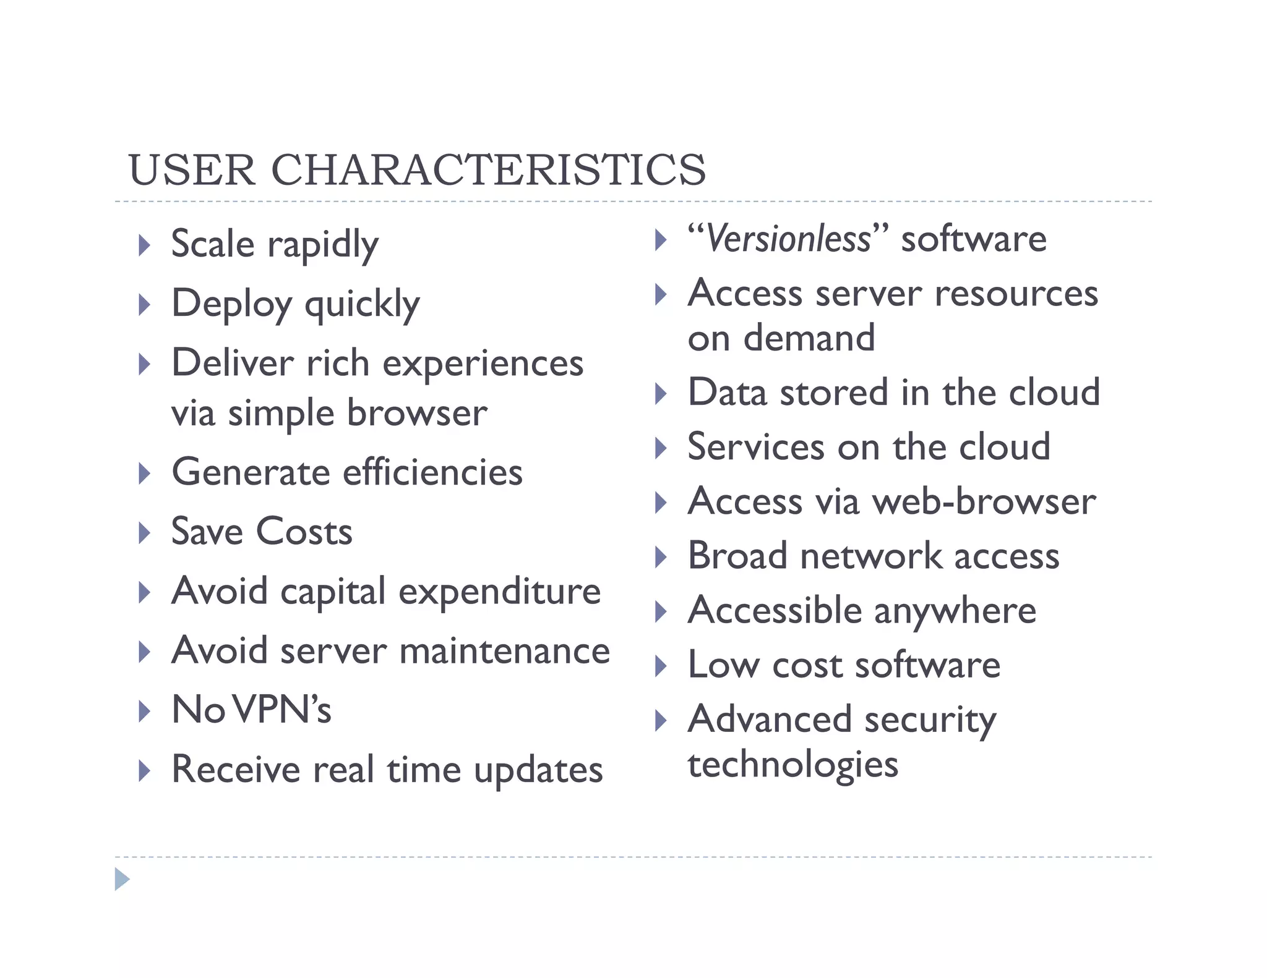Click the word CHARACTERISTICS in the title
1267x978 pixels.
coord(488,169)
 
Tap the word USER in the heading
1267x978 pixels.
coord(192,169)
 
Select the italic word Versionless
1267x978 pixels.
coord(788,239)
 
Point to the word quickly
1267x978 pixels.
coord(362,305)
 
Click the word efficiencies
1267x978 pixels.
coord(432,472)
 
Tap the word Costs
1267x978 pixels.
coord(304,532)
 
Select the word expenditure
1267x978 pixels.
coord(499,592)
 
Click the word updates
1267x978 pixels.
coord(538,771)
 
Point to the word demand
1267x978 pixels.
coord(809,338)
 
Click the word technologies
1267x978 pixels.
coord(792,764)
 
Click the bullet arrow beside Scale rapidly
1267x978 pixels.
coord(144,245)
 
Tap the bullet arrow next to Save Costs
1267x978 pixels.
coord(144,533)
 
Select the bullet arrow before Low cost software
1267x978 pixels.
coord(661,666)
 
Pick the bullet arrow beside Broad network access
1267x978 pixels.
coord(661,557)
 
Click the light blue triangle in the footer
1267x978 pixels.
coord(122,879)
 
